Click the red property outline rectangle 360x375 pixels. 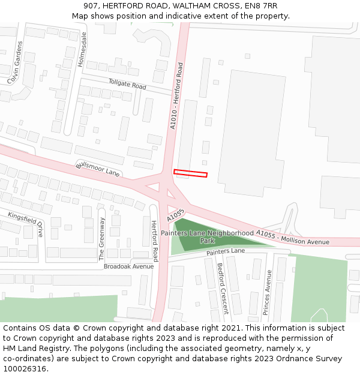(x=190, y=173)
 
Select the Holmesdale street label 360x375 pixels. (x=83, y=49)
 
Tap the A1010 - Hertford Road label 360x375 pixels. (x=176, y=96)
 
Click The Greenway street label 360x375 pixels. (x=101, y=238)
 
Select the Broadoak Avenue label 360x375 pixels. (x=128, y=266)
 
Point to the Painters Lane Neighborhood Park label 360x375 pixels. (x=207, y=236)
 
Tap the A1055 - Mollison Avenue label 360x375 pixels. (x=293, y=237)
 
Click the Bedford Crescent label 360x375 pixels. (x=223, y=288)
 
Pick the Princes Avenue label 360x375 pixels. (x=267, y=292)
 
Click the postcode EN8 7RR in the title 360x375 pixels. (x=259, y=6)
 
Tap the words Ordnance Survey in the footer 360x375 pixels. (x=313, y=359)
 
